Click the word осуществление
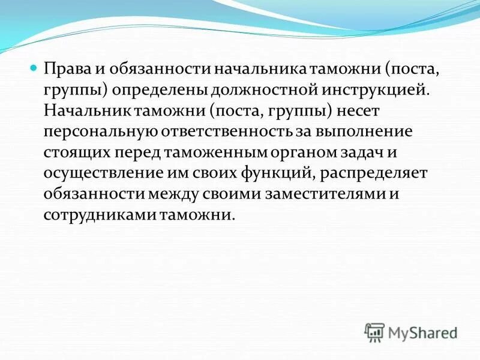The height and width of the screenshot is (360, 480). [94, 173]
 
